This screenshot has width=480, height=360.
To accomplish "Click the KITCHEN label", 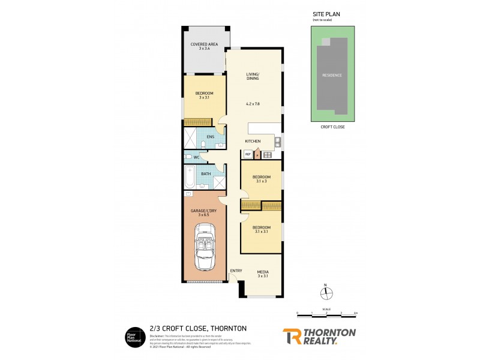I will [253, 141].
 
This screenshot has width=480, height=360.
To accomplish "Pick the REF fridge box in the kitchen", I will [248, 154].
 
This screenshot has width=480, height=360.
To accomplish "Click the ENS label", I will [210, 137].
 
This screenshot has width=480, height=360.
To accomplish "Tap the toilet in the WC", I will [188, 157].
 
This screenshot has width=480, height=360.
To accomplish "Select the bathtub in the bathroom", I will [189, 178].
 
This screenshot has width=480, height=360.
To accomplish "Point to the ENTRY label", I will [236, 271].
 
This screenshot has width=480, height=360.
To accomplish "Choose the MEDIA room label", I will [263, 273].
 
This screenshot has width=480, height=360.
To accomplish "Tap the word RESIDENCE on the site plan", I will [332, 75].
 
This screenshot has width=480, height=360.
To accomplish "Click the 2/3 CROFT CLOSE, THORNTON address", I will [197, 328].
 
